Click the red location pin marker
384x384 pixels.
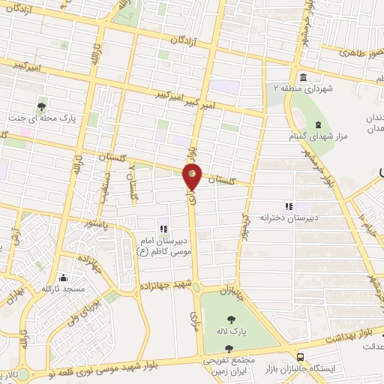(192, 176)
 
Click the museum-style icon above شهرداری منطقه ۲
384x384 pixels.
(302, 78)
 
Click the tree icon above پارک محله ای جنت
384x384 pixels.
(41, 106)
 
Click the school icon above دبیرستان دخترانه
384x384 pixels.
(288, 206)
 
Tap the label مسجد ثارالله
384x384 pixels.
(64, 289)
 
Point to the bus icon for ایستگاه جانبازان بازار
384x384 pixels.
(300, 358)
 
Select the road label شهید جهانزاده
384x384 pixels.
(166, 286)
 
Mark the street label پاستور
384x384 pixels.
(96, 223)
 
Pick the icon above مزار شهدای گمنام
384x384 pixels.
(318, 124)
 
